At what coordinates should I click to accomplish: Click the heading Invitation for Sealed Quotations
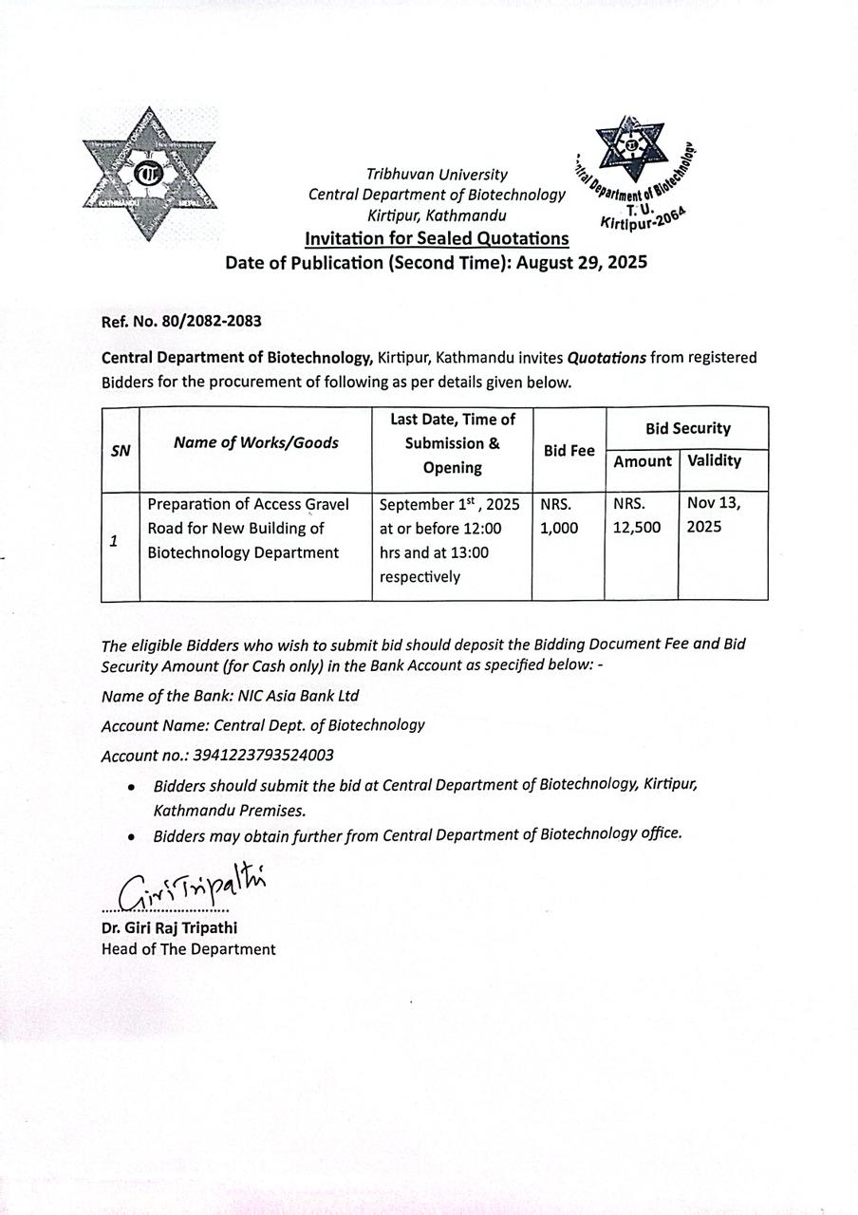437,238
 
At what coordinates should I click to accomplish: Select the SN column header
120,451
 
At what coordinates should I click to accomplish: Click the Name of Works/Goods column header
255,442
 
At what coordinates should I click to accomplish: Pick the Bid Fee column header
569,451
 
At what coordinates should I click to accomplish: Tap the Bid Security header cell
688,428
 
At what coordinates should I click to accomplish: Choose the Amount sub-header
643,461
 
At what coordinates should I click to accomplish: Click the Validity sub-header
714,461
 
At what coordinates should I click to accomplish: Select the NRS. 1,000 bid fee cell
558,516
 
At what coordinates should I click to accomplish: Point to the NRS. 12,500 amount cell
636,516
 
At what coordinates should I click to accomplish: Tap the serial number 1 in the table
114,541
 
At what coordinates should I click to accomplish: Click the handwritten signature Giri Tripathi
190,888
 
